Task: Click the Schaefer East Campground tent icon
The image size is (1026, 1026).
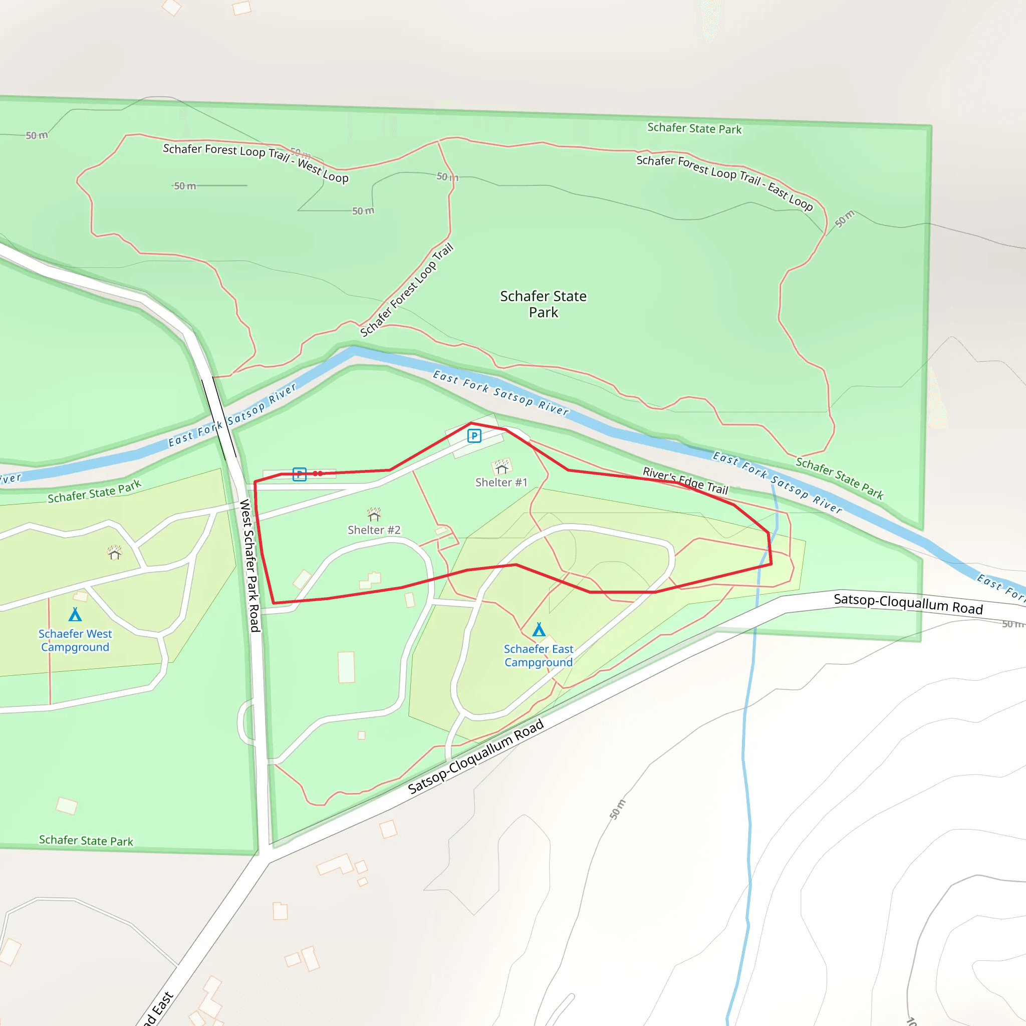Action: click(x=539, y=629)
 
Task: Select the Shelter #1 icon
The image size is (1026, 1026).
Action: click(x=501, y=467)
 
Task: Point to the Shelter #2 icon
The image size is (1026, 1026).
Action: click(x=374, y=514)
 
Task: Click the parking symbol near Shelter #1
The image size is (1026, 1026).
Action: click(x=474, y=436)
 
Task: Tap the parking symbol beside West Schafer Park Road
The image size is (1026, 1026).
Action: click(x=300, y=474)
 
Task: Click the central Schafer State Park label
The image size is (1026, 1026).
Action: click(x=543, y=304)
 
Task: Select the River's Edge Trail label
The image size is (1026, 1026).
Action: click(x=685, y=480)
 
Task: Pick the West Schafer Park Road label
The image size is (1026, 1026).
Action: click(x=249, y=565)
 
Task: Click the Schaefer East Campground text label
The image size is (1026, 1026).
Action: click(x=539, y=655)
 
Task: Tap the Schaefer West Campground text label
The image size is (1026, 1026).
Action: click(x=75, y=640)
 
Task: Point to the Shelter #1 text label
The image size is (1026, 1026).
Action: click(x=501, y=482)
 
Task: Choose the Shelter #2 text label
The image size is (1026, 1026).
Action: click(x=374, y=530)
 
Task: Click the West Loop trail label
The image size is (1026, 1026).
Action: click(x=255, y=162)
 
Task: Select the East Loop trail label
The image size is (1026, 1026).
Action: click(x=724, y=182)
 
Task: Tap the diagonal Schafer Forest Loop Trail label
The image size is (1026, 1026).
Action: click(x=407, y=290)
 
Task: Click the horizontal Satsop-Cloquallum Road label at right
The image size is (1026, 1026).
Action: click(x=908, y=604)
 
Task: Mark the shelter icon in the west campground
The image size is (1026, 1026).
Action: click(x=114, y=554)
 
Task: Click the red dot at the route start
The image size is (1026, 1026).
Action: click(x=318, y=473)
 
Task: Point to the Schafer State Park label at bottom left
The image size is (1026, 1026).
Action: click(x=86, y=840)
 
